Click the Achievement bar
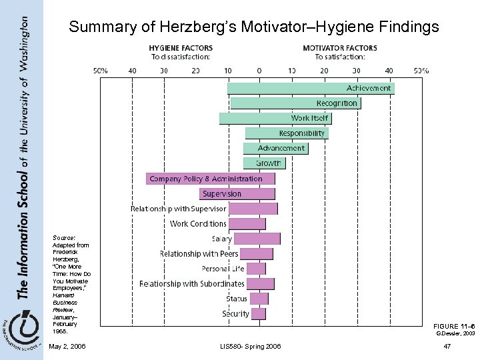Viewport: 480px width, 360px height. coord(311,88)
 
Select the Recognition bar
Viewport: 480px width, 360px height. coord(295,103)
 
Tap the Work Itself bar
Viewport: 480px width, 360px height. coord(275,118)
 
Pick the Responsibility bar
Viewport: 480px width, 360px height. coord(286,133)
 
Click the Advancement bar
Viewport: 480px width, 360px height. coord(275,148)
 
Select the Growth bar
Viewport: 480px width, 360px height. coord(264,163)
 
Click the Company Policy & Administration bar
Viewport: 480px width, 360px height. coord(211,179)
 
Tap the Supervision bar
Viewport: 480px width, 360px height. coord(237,194)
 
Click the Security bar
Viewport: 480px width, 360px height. coord(258,313)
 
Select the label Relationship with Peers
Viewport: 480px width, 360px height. coord(199,254)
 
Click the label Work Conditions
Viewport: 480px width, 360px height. coord(198,224)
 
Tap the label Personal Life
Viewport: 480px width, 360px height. coord(223,269)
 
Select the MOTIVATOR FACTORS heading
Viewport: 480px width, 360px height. coord(339,48)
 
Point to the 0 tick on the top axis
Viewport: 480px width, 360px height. coord(259,70)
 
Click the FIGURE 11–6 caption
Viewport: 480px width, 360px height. coord(453,325)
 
